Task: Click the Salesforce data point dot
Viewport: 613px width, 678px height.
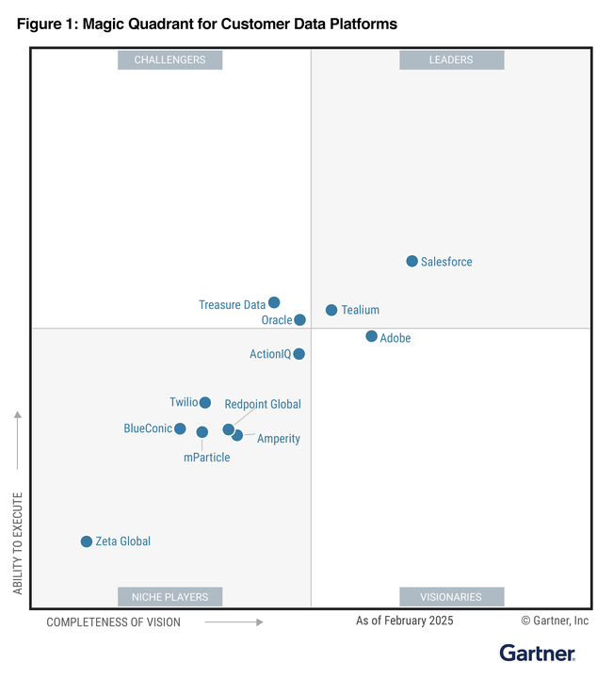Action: [x=411, y=261]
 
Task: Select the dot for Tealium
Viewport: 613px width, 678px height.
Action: [x=331, y=310]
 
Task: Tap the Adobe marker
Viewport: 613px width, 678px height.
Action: [x=371, y=336]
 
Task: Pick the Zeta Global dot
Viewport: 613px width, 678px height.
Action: [x=87, y=541]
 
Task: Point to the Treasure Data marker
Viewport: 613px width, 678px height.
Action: [x=274, y=302]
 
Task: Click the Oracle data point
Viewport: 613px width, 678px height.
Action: [x=299, y=320]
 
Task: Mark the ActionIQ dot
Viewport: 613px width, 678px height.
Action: [x=298, y=354]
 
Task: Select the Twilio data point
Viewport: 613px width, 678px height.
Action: [x=205, y=403]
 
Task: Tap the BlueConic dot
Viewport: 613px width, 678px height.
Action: [x=180, y=428]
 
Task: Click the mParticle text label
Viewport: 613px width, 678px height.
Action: [x=206, y=458]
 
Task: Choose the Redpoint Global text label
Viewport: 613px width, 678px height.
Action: [x=263, y=404]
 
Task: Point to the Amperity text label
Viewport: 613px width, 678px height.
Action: [x=279, y=439]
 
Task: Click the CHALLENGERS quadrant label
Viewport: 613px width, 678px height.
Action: [x=169, y=60]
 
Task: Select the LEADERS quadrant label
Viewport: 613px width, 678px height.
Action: [x=451, y=60]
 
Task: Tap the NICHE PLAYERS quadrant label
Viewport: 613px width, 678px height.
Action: [x=169, y=597]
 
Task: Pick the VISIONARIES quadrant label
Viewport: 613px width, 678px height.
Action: [x=451, y=597]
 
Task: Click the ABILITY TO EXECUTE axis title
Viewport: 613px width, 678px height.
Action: [x=18, y=542]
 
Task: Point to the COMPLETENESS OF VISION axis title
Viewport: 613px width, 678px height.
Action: [x=113, y=621]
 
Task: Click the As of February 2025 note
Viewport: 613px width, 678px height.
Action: [x=404, y=621]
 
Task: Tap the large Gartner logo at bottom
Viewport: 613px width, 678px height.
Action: [x=537, y=653]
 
